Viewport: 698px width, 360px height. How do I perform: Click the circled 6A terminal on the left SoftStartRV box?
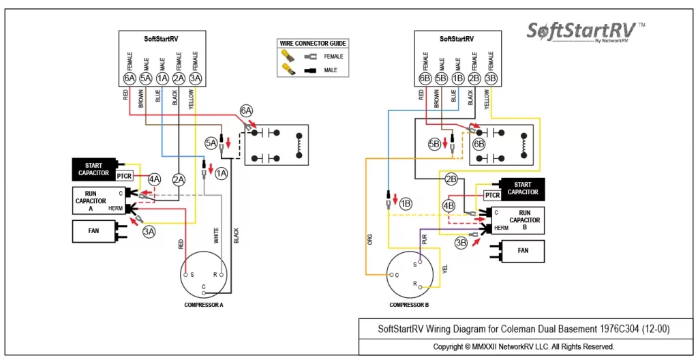pyautogui.click(x=130, y=79)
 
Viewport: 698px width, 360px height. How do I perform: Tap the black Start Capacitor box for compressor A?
pyautogui.click(x=94, y=169)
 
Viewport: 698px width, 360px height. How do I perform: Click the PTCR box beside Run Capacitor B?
pyautogui.click(x=492, y=195)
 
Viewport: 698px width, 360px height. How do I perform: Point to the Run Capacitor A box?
pyautogui.click(x=98, y=201)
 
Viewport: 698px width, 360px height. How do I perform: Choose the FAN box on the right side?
pyautogui.click(x=523, y=251)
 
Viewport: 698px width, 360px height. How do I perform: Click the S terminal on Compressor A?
pyautogui.click(x=187, y=275)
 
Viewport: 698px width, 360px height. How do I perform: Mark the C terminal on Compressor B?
pyautogui.click(x=392, y=275)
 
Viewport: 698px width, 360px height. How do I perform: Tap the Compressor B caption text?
pyautogui.click(x=409, y=305)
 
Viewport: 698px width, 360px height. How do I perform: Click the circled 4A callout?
pyautogui.click(x=155, y=180)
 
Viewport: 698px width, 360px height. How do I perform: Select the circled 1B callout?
pyautogui.click(x=406, y=203)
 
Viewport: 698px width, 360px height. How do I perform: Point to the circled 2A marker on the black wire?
pyautogui.click(x=179, y=180)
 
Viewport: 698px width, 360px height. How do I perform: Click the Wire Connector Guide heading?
pyautogui.click(x=312, y=43)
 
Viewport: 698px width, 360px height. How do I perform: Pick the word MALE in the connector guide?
pyautogui.click(x=331, y=70)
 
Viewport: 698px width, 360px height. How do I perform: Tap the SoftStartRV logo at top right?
pyautogui.click(x=586, y=32)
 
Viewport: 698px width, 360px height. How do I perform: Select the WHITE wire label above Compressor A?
pyautogui.click(x=216, y=236)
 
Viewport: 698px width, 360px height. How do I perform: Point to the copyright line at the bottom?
pyautogui.click(x=524, y=346)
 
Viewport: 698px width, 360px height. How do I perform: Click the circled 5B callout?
pyautogui.click(x=434, y=145)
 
